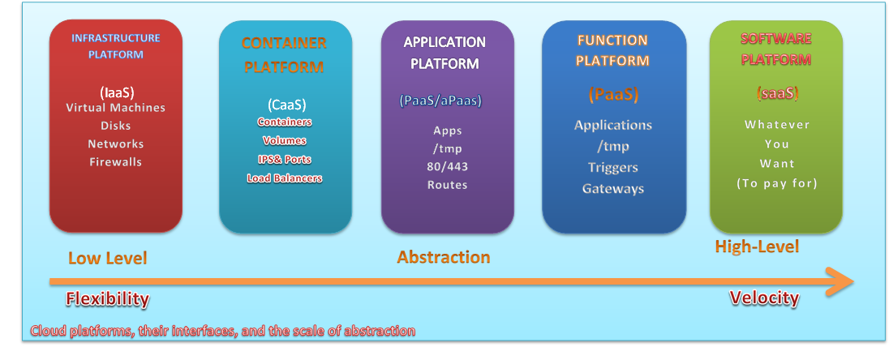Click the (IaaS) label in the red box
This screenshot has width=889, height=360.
(x=116, y=92)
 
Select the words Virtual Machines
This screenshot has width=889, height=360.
(x=116, y=108)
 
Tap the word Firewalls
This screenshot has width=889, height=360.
(x=116, y=162)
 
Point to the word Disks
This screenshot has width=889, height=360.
(x=116, y=126)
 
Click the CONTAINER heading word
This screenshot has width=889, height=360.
(x=284, y=43)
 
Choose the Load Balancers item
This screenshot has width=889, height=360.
(x=285, y=178)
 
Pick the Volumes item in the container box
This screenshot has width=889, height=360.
(x=285, y=140)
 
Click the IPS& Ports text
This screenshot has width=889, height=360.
(x=285, y=160)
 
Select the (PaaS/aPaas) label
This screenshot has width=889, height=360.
(x=440, y=101)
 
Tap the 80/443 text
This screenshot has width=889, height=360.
(x=448, y=166)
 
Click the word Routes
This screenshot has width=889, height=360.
(x=448, y=185)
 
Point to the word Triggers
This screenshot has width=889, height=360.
(x=613, y=168)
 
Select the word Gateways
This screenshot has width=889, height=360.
(x=613, y=189)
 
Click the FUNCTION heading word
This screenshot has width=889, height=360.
(x=612, y=40)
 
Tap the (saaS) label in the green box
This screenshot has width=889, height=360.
(x=776, y=93)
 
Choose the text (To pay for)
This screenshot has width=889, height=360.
(x=776, y=183)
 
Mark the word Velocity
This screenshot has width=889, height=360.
(x=764, y=298)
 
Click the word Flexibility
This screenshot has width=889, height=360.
(x=107, y=299)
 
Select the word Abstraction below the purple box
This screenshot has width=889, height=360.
(x=444, y=258)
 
